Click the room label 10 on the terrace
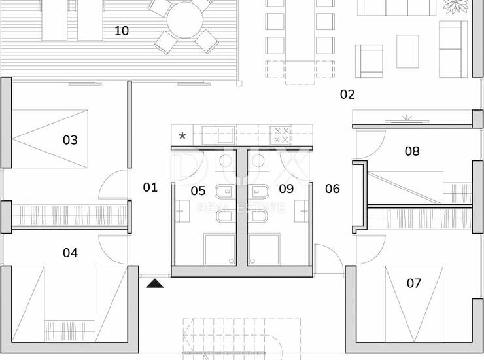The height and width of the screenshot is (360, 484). tap(121, 31)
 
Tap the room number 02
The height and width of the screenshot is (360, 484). tap(347, 94)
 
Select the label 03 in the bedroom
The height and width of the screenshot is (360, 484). tap(70, 140)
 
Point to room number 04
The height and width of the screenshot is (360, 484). tap(70, 253)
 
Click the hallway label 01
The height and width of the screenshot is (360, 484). tap(150, 187)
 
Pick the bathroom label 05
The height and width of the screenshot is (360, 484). tap(198, 190)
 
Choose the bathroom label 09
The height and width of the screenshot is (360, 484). tap(286, 189)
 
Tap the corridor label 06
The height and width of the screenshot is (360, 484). tap(332, 189)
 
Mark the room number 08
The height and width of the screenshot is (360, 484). tap(412, 151)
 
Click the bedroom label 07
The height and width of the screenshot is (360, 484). tap(414, 283)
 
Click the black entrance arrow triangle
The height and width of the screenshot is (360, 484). tap(155, 283)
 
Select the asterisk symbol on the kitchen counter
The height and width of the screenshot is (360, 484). tap(182, 135)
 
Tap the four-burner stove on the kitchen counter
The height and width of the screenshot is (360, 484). tap(281, 135)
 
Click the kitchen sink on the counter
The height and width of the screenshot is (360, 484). tap(226, 135)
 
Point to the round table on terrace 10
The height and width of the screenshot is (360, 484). tap(185, 20)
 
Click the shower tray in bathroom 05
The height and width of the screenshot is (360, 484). tap(220, 250)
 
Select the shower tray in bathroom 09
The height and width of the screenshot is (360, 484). tap(264, 250)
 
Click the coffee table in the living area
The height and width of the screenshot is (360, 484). tap(407, 51)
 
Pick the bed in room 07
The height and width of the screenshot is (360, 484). tap(414, 304)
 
